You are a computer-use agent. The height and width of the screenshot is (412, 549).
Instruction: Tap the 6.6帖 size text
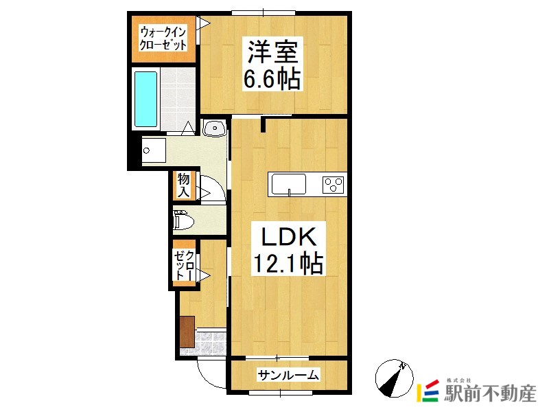[272, 80]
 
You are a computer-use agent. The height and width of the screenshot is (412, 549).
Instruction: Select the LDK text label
[287, 238]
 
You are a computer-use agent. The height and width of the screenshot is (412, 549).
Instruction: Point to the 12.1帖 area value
[288, 264]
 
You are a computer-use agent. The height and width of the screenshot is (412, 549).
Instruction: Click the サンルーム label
[288, 375]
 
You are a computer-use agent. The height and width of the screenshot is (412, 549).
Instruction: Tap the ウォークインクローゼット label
[163, 38]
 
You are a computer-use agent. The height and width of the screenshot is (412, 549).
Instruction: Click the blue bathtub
[145, 99]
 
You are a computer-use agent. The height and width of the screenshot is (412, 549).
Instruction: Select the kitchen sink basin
[289, 184]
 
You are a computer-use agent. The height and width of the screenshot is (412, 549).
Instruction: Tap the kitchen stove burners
[334, 184]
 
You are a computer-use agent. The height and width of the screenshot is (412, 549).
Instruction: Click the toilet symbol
[185, 221]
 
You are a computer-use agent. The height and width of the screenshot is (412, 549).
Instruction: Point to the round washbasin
[214, 128]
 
